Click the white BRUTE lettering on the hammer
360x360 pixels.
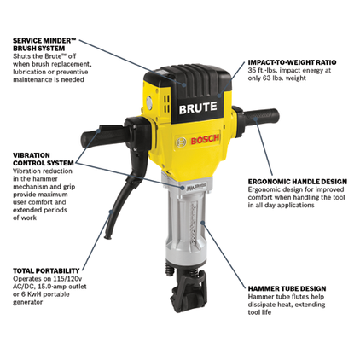[x=198, y=107]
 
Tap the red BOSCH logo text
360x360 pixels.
[x=205, y=140]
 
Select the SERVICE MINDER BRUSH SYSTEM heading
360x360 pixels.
[x=44, y=44]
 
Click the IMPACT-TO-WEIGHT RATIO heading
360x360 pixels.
[x=292, y=62]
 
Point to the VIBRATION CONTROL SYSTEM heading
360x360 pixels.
[x=44, y=160]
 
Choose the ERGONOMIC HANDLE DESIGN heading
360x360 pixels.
[x=298, y=182]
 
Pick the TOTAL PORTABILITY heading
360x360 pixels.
[x=46, y=270]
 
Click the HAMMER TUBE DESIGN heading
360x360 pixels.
[x=287, y=288]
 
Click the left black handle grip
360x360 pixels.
[x=102, y=136]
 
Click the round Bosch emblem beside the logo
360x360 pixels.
[x=181, y=142]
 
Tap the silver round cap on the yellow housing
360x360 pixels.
[x=149, y=103]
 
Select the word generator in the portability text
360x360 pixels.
[x=28, y=302]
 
